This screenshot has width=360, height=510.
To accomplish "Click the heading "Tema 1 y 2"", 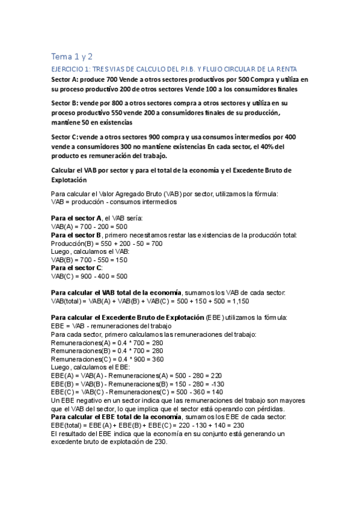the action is click(72, 57).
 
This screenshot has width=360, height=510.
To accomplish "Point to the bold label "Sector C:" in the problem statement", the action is click(66, 137).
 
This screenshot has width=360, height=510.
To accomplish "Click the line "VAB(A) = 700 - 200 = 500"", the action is click(89, 226).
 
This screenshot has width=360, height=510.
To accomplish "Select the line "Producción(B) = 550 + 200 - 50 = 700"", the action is click(107, 243).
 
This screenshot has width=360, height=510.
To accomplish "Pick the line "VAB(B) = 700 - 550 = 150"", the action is click(89, 260).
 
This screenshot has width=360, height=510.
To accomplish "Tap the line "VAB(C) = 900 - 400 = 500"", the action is click(89, 277).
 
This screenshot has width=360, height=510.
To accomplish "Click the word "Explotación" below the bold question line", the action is click(69, 179).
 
